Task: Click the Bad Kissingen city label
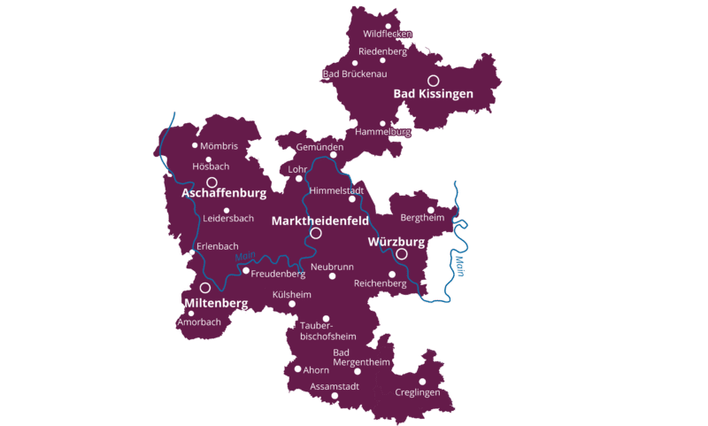(x=433, y=94)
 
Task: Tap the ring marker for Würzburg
(x=402, y=253)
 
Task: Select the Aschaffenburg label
(x=224, y=192)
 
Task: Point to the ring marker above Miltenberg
(x=205, y=288)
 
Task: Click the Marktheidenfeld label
(x=319, y=221)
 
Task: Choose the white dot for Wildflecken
(x=389, y=26)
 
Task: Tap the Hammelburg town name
(x=382, y=132)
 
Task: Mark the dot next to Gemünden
(x=334, y=155)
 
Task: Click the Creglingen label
(x=418, y=391)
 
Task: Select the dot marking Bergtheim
(x=431, y=210)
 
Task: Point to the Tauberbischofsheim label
(x=328, y=331)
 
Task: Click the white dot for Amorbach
(x=191, y=313)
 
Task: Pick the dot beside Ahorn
(x=297, y=369)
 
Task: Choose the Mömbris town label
(x=219, y=146)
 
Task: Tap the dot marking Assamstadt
(x=335, y=396)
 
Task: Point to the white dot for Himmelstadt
(x=352, y=199)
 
